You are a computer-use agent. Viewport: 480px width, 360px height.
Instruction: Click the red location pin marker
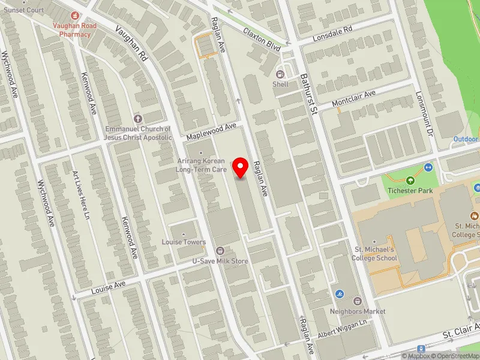(x=241, y=167)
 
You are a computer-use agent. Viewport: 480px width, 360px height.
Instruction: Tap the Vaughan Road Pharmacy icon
(x=75, y=16)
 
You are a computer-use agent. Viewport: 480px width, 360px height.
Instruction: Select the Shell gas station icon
(x=280, y=74)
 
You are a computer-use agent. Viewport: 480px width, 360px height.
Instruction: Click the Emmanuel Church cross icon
(x=137, y=119)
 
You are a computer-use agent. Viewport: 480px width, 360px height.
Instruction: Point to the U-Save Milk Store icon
(x=220, y=251)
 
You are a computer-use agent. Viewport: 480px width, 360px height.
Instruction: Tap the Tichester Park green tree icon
(x=410, y=181)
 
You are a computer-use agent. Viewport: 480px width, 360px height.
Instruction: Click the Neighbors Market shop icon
(x=358, y=301)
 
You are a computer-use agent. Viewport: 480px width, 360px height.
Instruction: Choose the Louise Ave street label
(x=109, y=286)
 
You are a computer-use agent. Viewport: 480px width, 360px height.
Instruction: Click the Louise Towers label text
(x=184, y=242)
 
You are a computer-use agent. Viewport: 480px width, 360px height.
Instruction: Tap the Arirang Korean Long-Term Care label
(x=201, y=166)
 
